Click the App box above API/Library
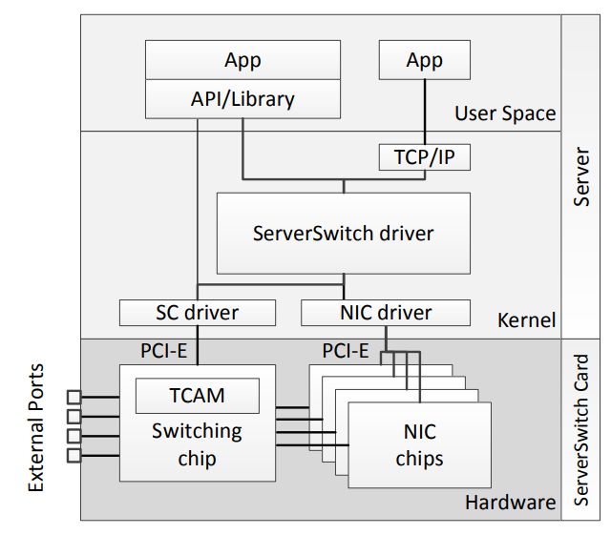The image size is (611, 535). coord(242,60)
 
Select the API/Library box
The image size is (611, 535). coord(242,97)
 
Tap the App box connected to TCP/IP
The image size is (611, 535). coord(424,60)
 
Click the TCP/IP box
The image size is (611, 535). coord(424,156)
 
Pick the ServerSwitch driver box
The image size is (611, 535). coord(343,233)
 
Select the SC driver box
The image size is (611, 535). coord(197,312)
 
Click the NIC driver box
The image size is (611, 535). coord(386,312)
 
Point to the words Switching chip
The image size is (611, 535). coord(197,444)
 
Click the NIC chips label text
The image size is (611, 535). coord(419,445)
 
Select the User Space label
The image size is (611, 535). coord(504,113)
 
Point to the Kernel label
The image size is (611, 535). coord(526,320)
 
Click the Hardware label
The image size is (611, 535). coord(510,502)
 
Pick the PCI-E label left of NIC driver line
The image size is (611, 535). coord(345,351)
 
